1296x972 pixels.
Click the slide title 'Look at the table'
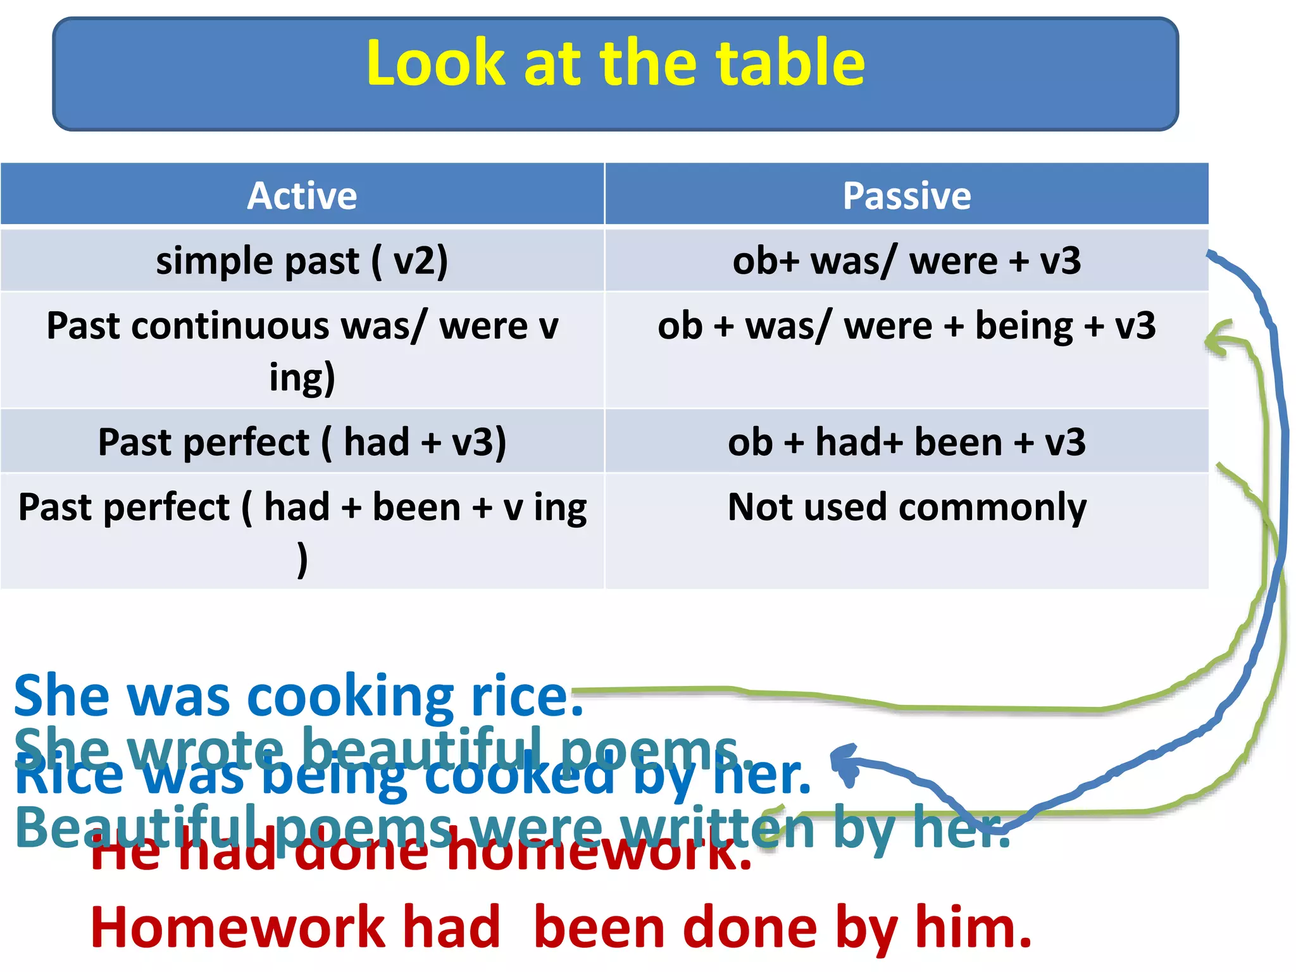click(x=615, y=63)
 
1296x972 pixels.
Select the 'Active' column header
click(x=302, y=196)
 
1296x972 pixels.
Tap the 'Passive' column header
click(x=906, y=196)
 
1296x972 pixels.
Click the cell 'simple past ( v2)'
click(x=302, y=261)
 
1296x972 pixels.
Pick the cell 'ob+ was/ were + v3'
click(x=906, y=261)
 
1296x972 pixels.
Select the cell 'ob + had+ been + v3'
click(x=906, y=442)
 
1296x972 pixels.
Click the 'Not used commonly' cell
click(x=906, y=508)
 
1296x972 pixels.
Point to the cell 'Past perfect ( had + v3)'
click(x=302, y=442)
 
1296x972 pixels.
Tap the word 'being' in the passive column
click(x=1023, y=327)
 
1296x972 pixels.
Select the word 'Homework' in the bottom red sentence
click(x=237, y=928)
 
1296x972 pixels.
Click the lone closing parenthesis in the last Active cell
click(x=302, y=559)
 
